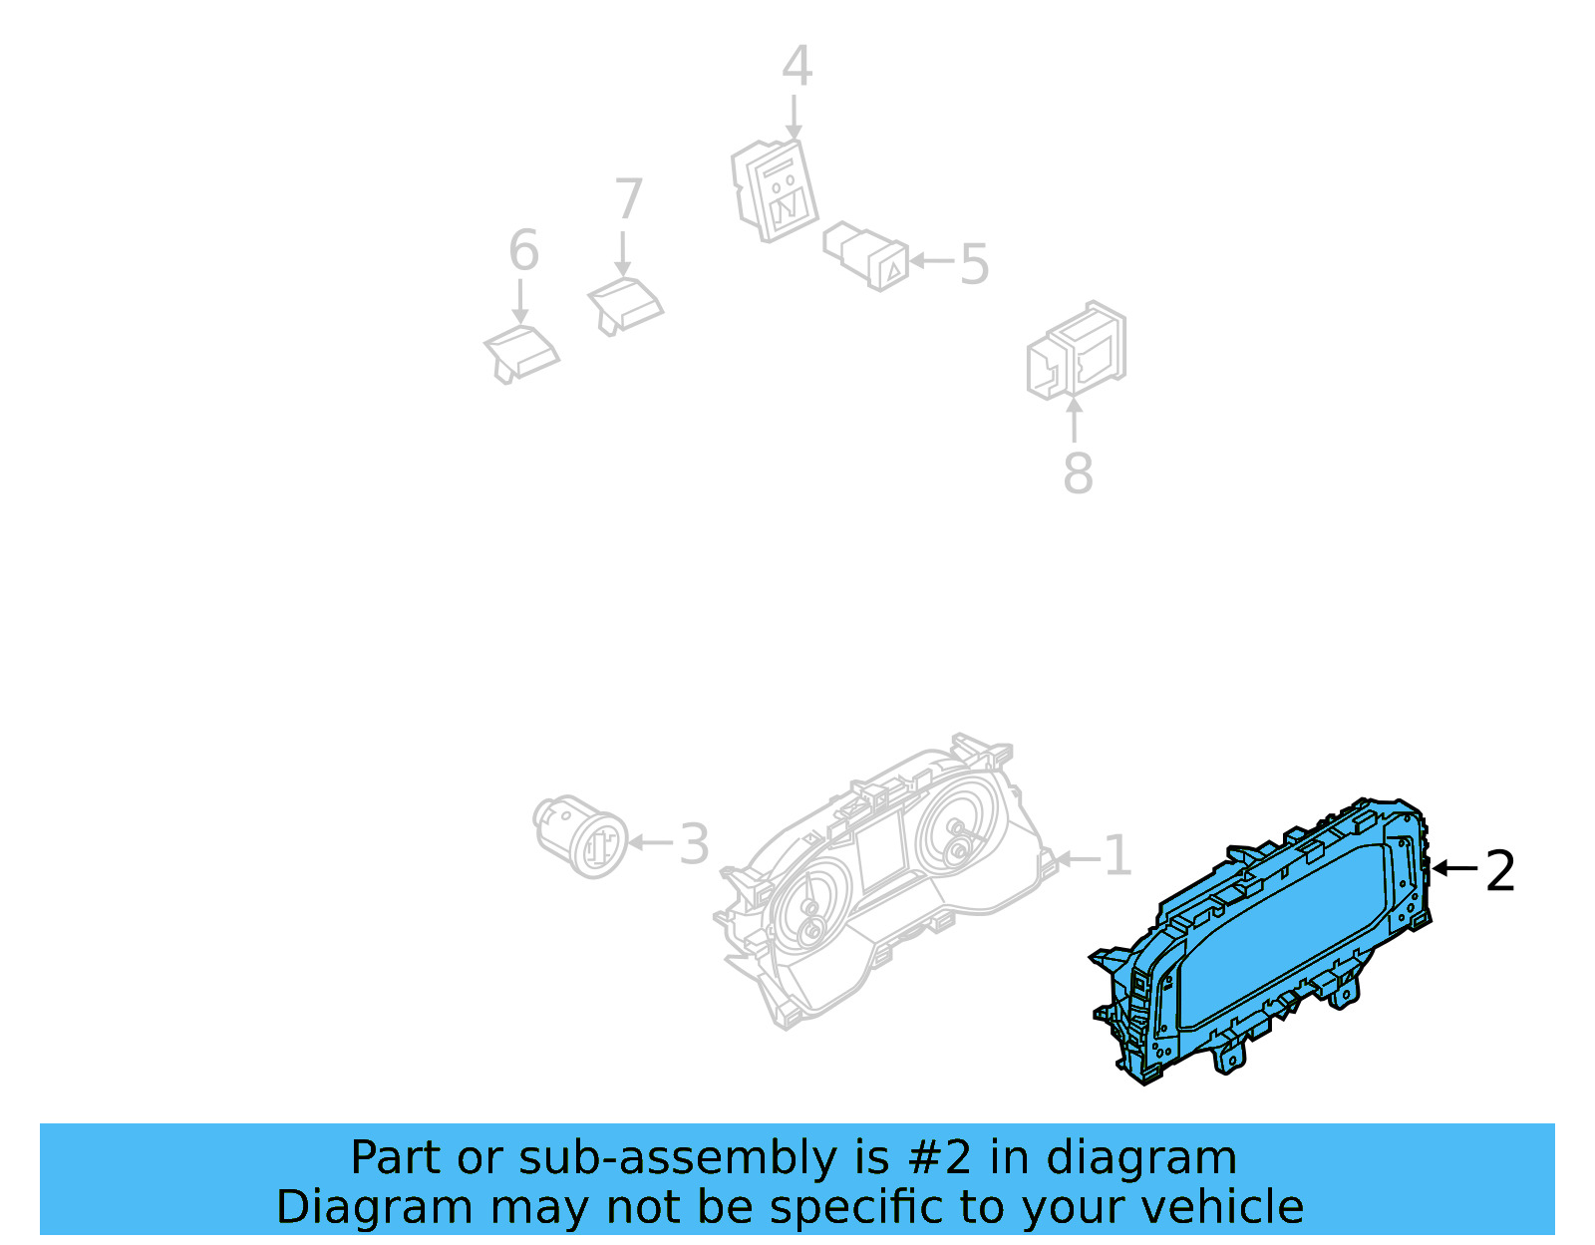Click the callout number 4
[796, 67]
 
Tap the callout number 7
[628, 199]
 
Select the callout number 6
[523, 250]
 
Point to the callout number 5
[974, 264]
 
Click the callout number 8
[1078, 473]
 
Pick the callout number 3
[694, 844]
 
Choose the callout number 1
[1118, 856]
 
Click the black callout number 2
[1500, 871]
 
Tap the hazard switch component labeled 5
[866, 256]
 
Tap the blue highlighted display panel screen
[1281, 932]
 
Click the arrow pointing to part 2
[1455, 869]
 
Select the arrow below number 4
[795, 117]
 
